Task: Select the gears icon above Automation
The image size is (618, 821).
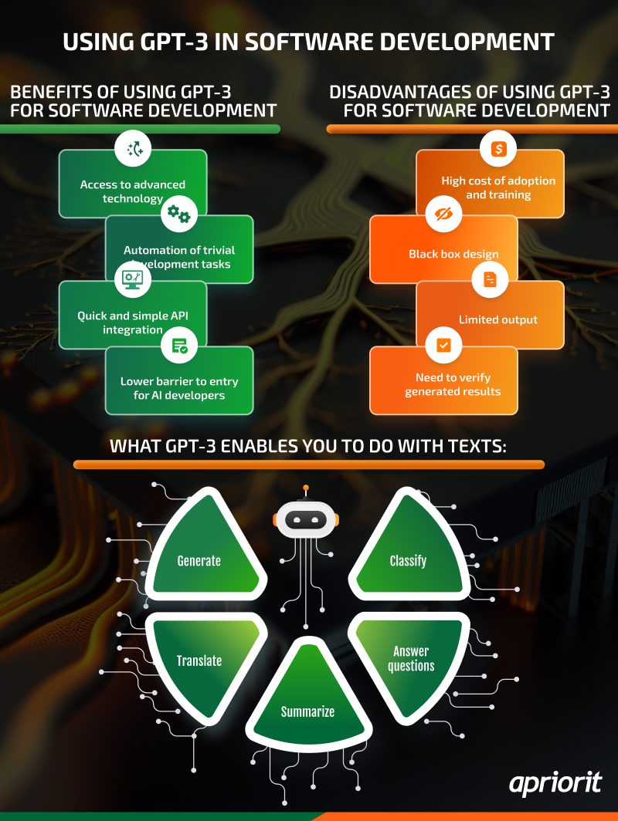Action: click(179, 214)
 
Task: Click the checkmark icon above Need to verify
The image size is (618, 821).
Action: click(443, 345)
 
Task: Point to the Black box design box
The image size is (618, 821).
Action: click(453, 254)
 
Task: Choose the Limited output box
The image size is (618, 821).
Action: click(498, 319)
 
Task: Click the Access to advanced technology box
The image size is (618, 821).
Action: click(133, 191)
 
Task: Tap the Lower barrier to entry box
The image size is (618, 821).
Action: click(179, 387)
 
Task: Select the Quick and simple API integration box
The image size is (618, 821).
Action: click(133, 322)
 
